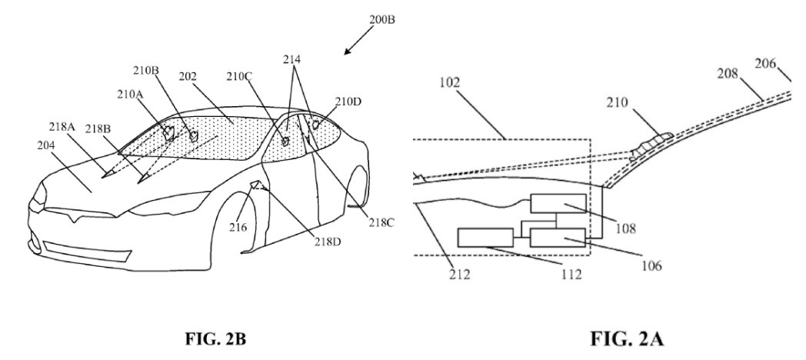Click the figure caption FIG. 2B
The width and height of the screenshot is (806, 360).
pos(216,340)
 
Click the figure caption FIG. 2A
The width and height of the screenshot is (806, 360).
pos(627,339)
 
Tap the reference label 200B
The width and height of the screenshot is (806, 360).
pos(382,20)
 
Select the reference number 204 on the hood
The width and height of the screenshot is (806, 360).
pos(47,146)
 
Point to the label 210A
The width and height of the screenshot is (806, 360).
pos(130,94)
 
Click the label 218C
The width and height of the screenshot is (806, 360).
pos(381,222)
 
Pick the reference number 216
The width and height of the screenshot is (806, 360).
pos(238,227)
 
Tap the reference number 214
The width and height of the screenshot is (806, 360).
pos(291,60)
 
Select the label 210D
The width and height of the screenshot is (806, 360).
pos(348,102)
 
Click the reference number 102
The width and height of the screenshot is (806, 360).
pos(450,82)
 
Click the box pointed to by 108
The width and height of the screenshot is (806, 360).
pos(558,204)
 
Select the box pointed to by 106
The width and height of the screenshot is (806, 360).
pos(558,238)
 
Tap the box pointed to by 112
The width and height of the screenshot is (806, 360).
pos(485,238)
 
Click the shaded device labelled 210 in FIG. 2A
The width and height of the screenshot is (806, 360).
pos(651,143)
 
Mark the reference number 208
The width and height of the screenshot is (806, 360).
pos(728,74)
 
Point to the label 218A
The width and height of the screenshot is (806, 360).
pos(62,127)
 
